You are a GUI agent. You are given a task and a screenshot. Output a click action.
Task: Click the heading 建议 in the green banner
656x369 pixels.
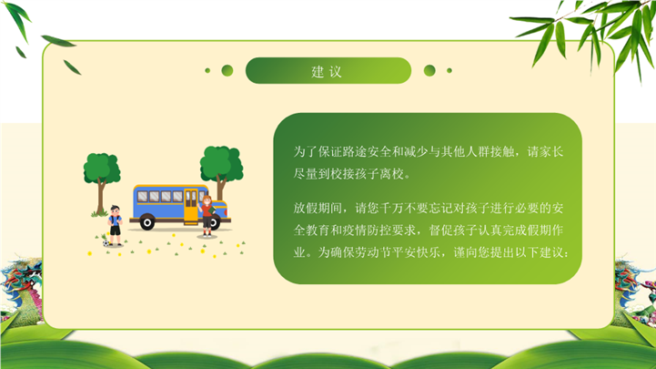click(327, 72)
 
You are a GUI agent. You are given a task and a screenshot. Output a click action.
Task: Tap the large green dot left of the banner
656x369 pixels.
click(227, 70)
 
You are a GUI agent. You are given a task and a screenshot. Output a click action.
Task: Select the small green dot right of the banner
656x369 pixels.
click(449, 70)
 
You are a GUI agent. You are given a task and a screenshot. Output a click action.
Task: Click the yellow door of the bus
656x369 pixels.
click(191, 205)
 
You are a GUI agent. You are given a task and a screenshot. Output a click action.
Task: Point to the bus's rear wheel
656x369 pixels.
click(146, 222)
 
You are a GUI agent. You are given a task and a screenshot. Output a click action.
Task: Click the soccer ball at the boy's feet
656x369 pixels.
click(106, 243)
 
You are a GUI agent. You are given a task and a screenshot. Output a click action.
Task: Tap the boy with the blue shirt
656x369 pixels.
click(115, 225)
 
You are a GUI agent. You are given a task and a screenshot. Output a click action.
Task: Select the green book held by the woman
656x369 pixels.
click(213, 209)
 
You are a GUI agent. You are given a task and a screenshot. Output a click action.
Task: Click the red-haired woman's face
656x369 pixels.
click(207, 202)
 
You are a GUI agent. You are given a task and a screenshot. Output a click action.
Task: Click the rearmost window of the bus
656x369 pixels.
click(143, 197)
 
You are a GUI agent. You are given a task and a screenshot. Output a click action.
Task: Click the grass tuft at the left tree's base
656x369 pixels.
click(99, 214)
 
